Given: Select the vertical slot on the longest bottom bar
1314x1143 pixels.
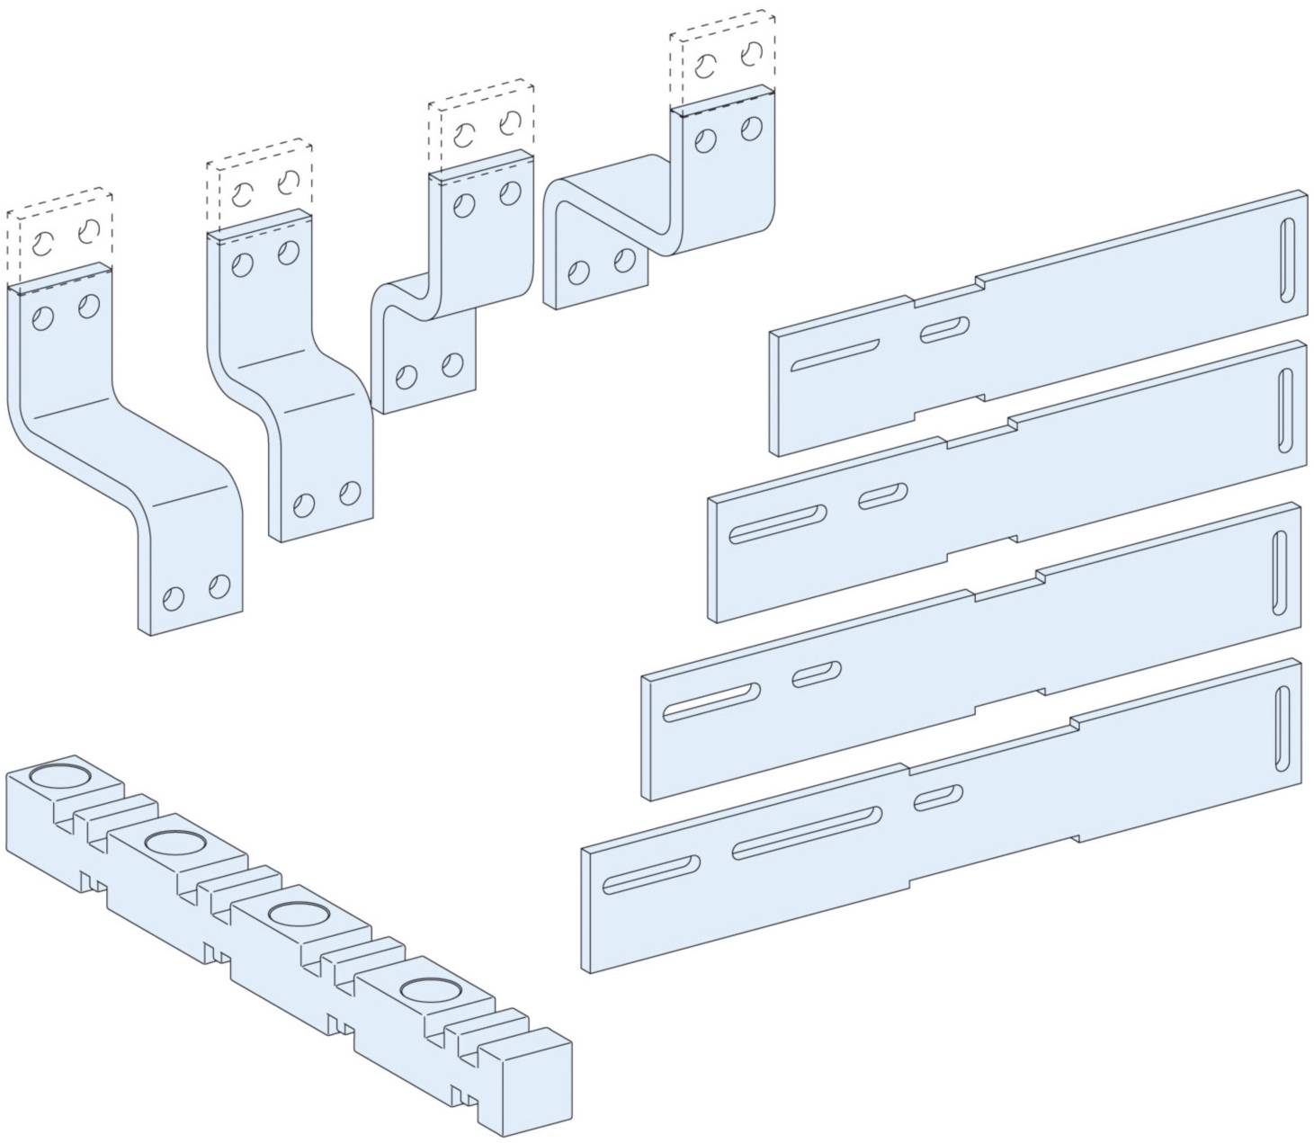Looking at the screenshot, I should pyautogui.click(x=1282, y=728).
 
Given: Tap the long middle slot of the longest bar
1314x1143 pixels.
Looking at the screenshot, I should pyautogui.click(x=806, y=833).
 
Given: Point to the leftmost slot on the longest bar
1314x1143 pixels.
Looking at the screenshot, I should pyautogui.click(x=651, y=875).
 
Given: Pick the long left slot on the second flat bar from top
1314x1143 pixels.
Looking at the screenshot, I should pyautogui.click(x=778, y=524).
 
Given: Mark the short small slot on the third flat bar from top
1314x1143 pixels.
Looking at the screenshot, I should pyautogui.click(x=817, y=674).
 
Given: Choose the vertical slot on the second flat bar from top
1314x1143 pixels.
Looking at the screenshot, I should pyautogui.click(x=1284, y=413).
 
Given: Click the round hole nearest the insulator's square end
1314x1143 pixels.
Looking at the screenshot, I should pyautogui.click(x=427, y=990).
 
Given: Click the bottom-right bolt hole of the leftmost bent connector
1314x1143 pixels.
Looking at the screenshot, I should pyautogui.click(x=218, y=587).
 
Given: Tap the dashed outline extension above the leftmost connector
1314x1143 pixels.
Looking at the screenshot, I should pyautogui.click(x=60, y=230).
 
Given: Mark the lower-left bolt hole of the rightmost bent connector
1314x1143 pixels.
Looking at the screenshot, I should pyautogui.click(x=579, y=273).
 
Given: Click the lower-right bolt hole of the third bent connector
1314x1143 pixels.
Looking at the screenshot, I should pyautogui.click(x=452, y=364).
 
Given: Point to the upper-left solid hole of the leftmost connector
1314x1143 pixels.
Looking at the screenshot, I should pyautogui.click(x=41, y=317).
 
